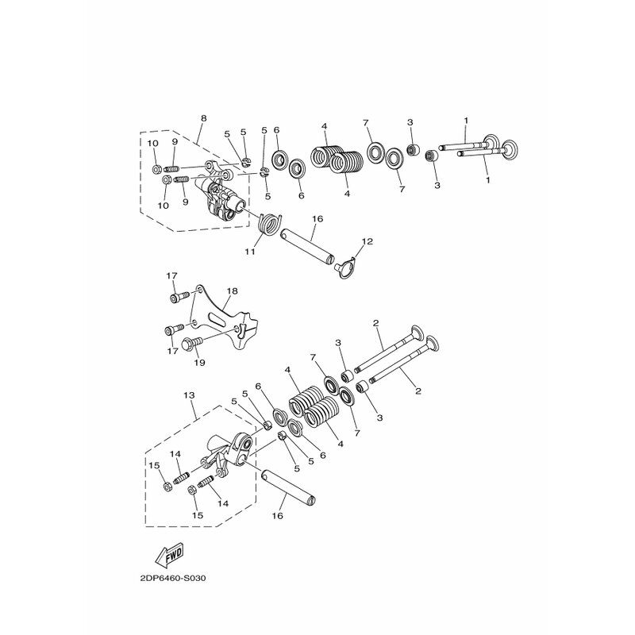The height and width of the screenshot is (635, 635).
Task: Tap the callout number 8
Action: (204, 118)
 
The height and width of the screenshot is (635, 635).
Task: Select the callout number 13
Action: (189, 394)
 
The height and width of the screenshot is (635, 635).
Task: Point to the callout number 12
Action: (368, 242)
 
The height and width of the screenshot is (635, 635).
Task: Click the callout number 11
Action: (250, 252)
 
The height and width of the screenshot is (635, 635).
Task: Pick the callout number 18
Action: (233, 291)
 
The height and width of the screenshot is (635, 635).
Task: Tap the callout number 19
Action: (199, 363)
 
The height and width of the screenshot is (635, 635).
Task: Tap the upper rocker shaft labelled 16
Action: (308, 246)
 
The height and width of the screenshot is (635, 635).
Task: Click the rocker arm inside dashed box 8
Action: (219, 190)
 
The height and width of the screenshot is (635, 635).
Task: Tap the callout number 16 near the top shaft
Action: (318, 219)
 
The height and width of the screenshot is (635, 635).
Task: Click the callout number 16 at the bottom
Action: (277, 516)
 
